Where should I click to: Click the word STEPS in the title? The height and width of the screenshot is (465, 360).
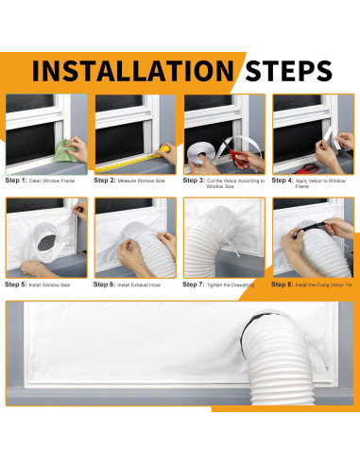click(288, 71)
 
